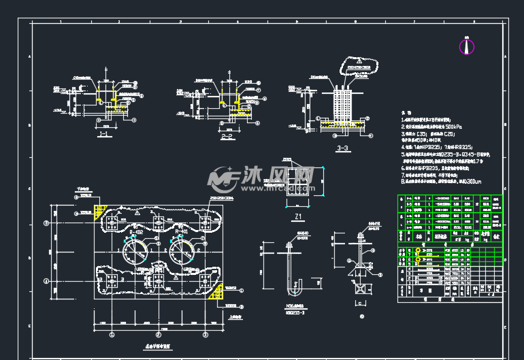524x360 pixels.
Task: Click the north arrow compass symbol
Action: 466,46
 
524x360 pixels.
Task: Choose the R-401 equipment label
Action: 182,232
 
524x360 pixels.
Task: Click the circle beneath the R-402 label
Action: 135,255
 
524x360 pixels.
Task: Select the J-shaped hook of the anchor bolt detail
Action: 293,291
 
